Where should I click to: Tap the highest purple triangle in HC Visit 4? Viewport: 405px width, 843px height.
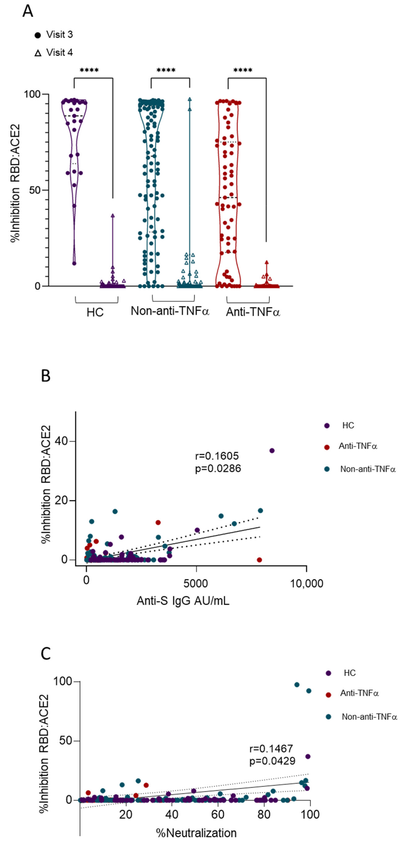[113, 216]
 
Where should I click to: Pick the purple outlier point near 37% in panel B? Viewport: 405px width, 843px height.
[272, 451]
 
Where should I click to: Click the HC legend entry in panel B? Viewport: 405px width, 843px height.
[348, 425]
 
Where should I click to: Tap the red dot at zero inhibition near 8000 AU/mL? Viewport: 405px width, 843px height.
[259, 560]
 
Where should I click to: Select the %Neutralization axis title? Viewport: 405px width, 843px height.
[196, 833]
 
